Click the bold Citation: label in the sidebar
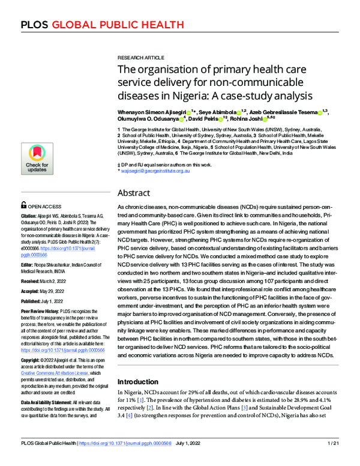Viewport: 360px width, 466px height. (29, 215)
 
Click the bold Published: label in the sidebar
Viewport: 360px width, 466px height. (31, 301)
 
